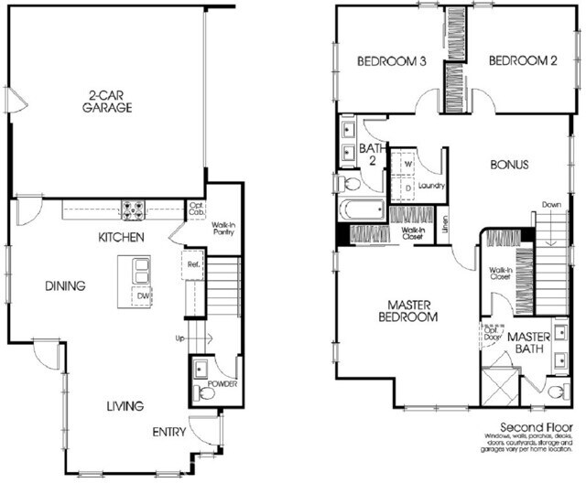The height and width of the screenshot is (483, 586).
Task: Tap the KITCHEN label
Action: (122, 237)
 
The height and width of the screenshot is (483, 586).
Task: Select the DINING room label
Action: (65, 285)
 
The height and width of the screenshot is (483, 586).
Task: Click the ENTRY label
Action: (170, 432)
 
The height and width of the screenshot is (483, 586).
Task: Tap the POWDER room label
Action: (222, 385)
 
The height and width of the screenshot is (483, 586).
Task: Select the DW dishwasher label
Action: (143, 295)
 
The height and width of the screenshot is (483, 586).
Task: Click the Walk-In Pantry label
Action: (222, 227)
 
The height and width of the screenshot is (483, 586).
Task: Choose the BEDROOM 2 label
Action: (509, 62)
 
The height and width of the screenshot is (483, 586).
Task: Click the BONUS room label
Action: (510, 166)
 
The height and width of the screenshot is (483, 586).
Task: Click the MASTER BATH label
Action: (528, 344)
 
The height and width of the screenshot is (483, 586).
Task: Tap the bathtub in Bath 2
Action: (361, 209)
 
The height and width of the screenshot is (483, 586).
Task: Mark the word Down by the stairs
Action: (551, 204)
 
